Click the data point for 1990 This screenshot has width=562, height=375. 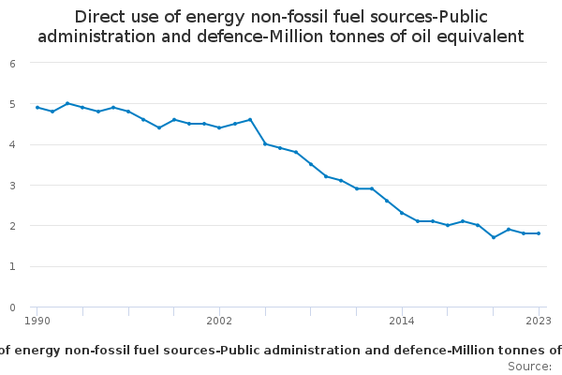click(x=37, y=107)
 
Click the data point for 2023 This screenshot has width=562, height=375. click(x=539, y=233)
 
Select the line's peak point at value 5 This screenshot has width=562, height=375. click(x=67, y=103)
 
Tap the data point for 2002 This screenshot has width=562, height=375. click(x=219, y=127)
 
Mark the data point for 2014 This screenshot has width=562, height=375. click(x=402, y=213)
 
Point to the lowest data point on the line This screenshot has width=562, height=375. click(x=494, y=237)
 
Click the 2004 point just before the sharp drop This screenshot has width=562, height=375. click(x=250, y=119)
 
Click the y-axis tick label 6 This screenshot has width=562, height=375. click(x=12, y=64)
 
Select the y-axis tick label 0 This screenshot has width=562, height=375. click(x=12, y=307)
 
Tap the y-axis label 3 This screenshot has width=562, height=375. click(x=12, y=186)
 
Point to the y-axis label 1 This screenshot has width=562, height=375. click(x=12, y=266)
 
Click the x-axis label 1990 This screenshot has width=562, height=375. click(x=37, y=321)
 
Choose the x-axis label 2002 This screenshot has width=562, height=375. click(x=219, y=321)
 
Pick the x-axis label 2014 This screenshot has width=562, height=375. click(x=402, y=321)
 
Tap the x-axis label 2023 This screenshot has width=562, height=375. click(x=539, y=321)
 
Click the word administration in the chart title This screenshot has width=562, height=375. click(x=96, y=37)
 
